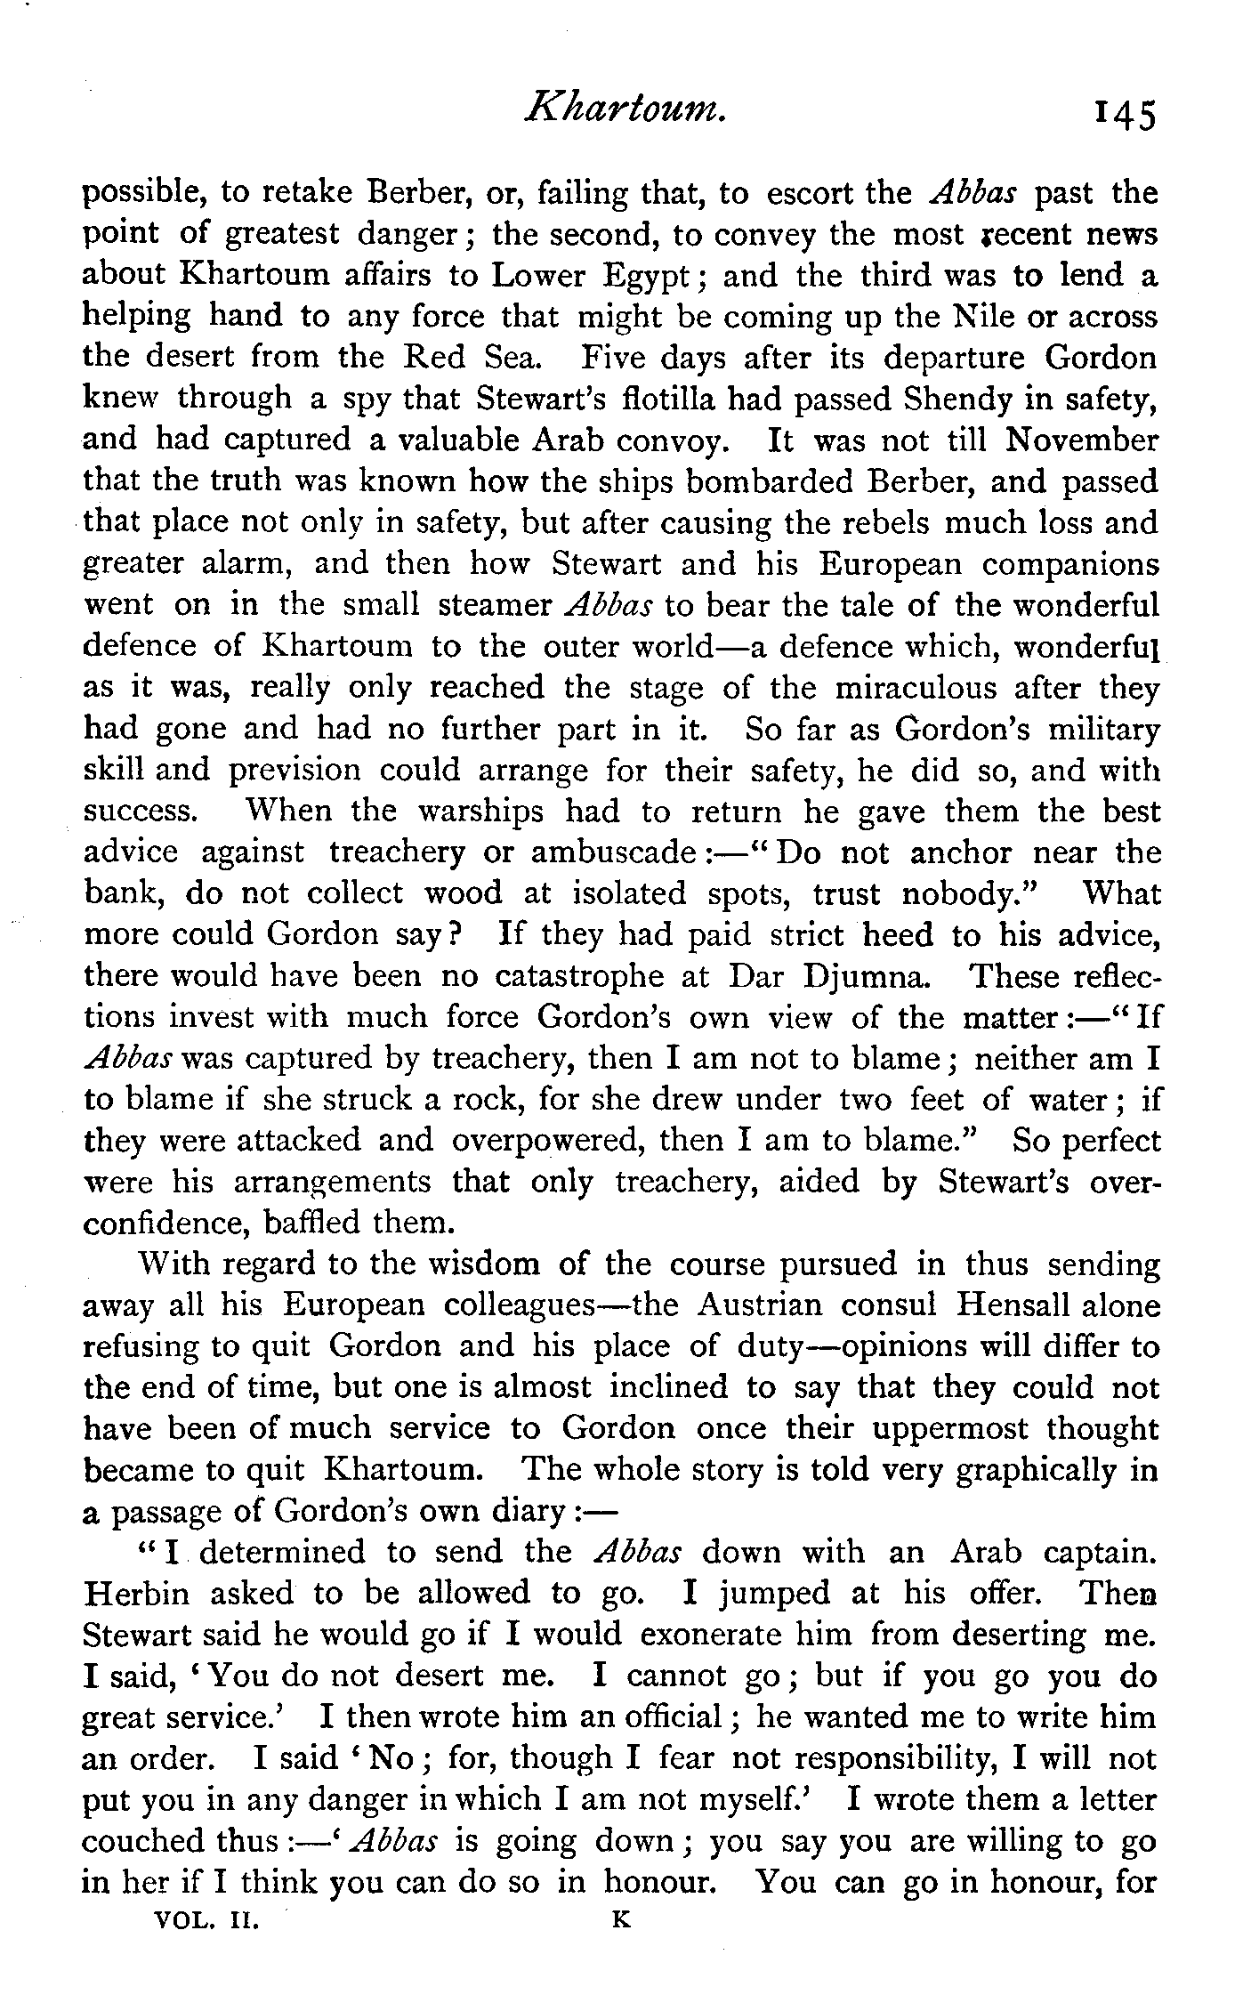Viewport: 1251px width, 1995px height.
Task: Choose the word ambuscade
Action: pos(615,852)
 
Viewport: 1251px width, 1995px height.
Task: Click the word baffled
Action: pos(311,1224)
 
